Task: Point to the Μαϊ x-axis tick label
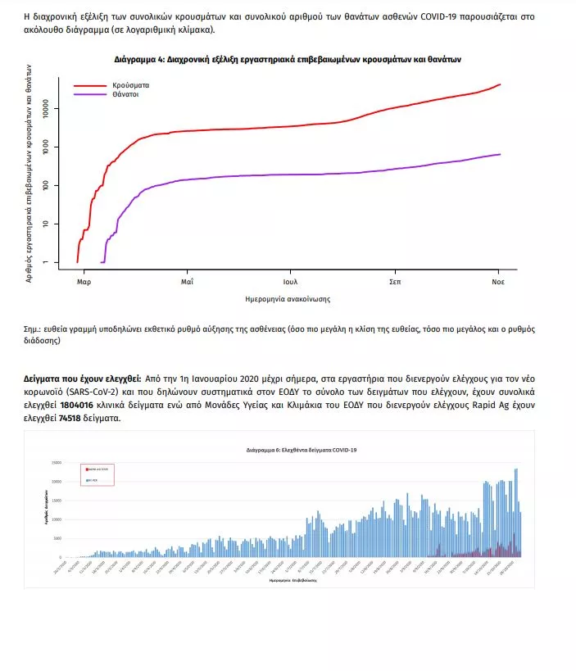click(187, 282)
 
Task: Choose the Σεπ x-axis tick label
click(394, 282)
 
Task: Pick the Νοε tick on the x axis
click(497, 282)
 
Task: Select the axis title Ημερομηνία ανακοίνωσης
click(288, 299)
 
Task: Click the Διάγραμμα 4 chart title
click(288, 60)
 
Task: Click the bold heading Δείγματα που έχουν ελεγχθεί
click(82, 380)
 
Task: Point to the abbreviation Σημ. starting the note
click(33, 329)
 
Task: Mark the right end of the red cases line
click(500, 84)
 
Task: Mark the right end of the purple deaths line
click(500, 154)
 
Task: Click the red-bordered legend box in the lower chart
click(97, 474)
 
